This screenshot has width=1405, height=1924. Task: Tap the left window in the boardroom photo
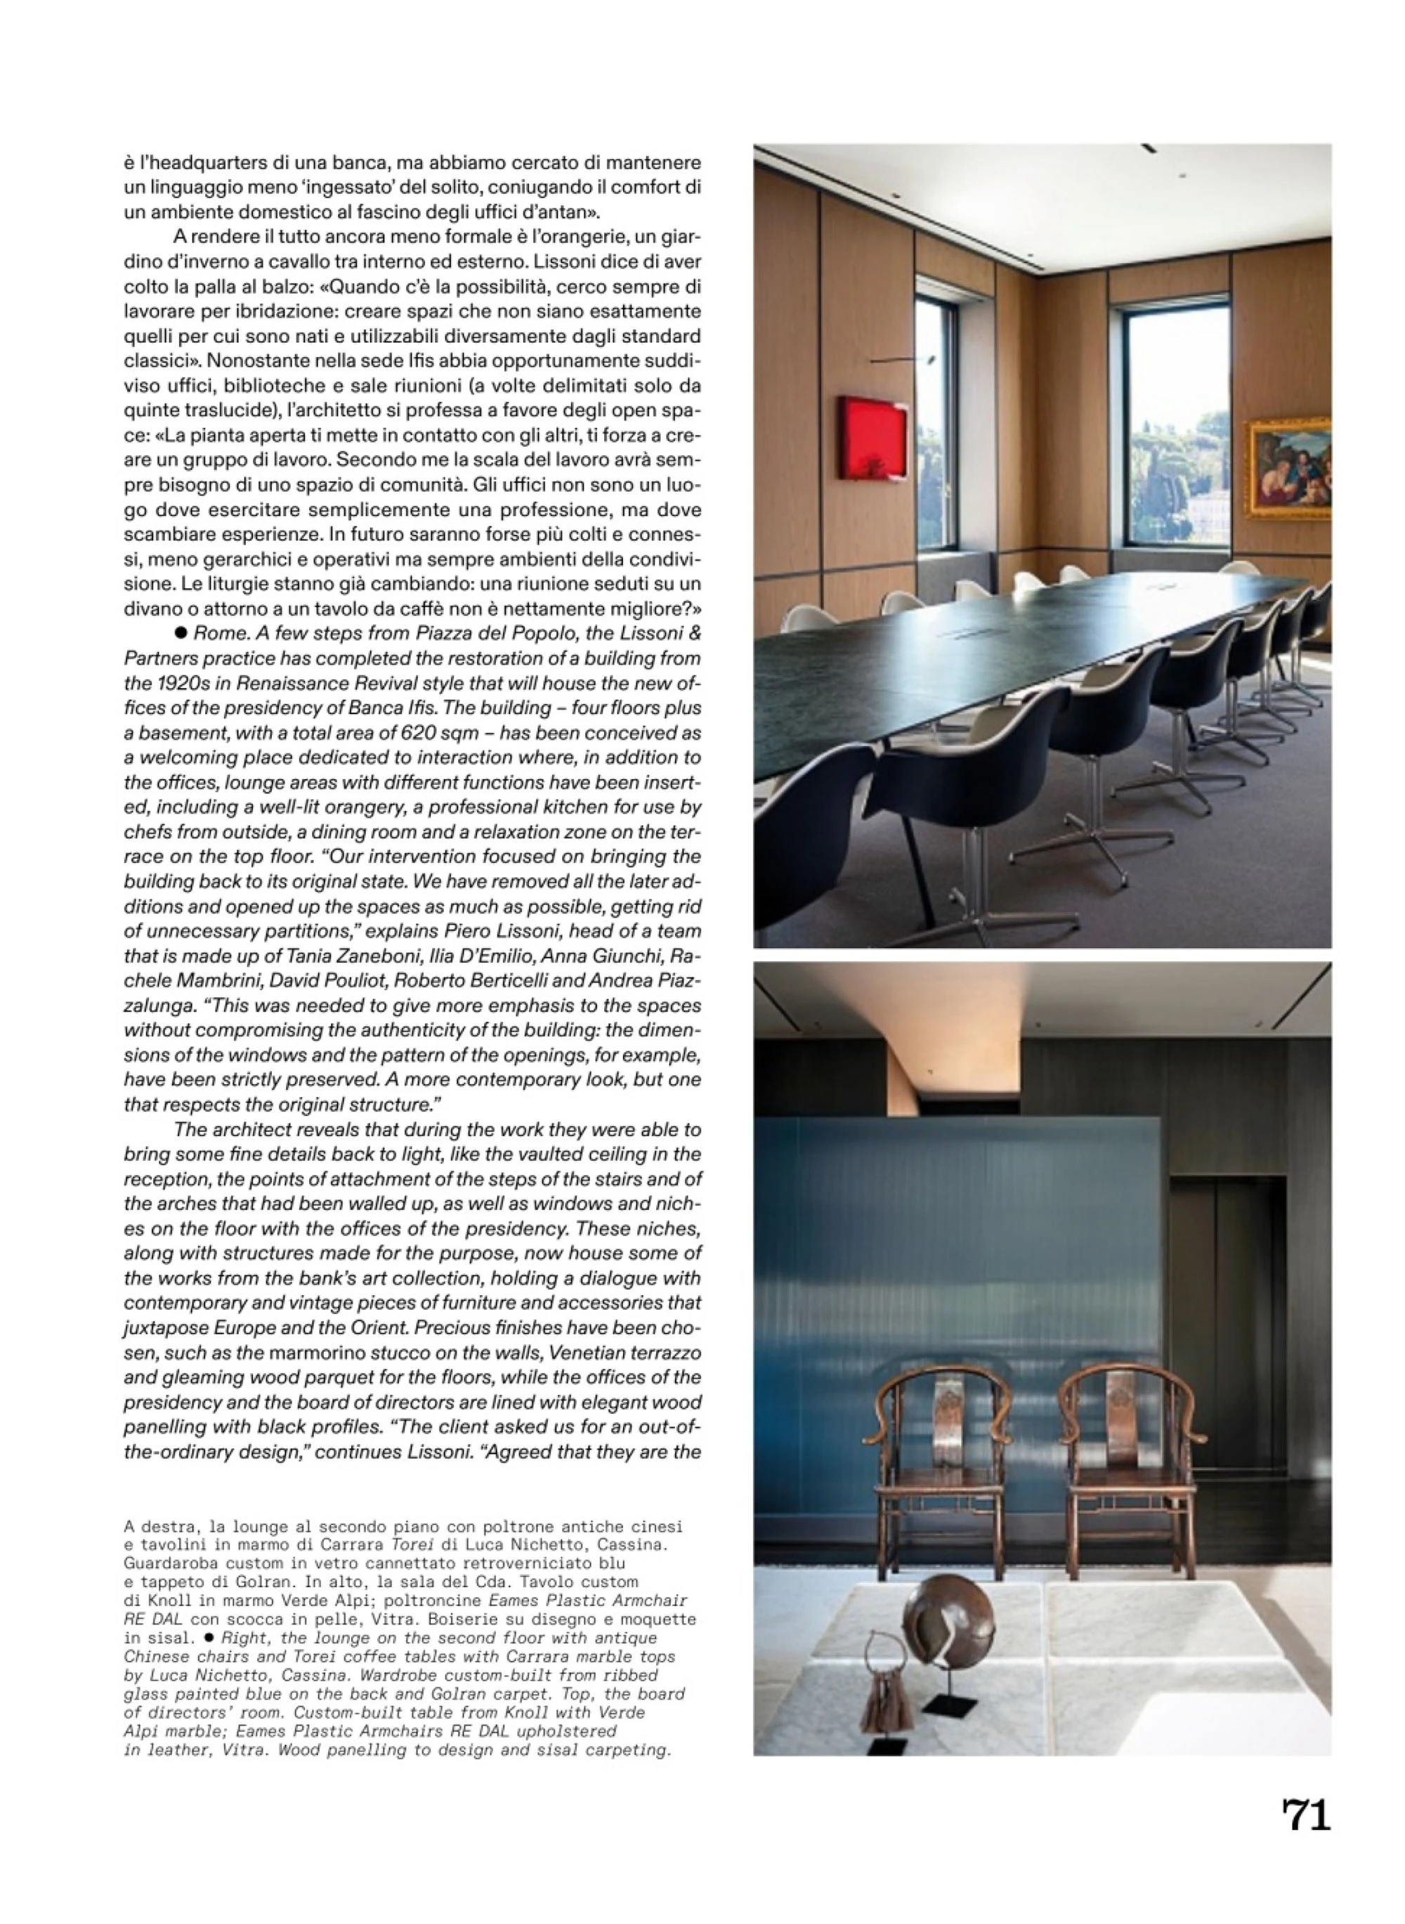click(x=936, y=425)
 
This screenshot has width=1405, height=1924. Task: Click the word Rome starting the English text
click(x=215, y=634)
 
